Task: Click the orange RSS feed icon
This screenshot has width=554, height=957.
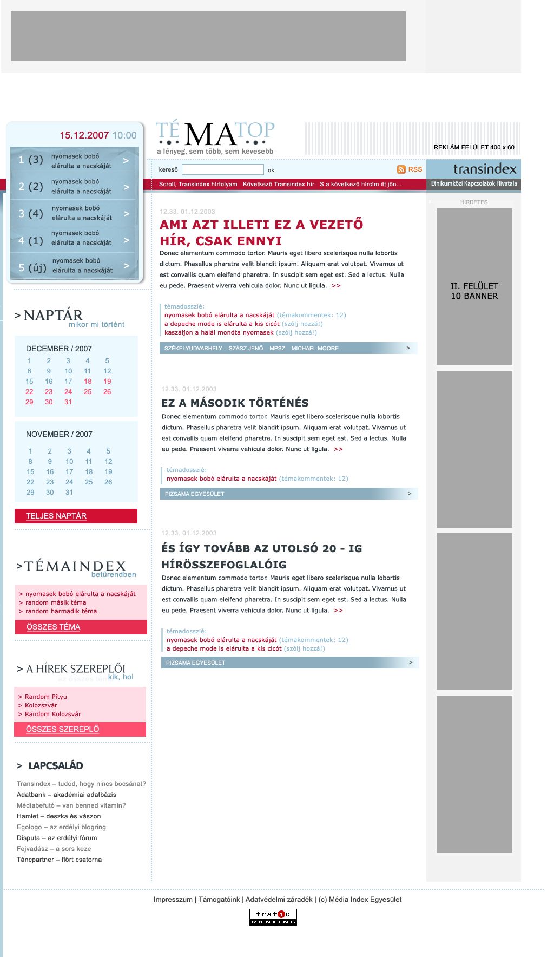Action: [401, 169]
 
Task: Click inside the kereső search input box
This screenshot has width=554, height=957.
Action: [222, 169]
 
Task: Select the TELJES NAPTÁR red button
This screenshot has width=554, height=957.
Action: [76, 516]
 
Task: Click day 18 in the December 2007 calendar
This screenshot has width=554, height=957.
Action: [88, 382]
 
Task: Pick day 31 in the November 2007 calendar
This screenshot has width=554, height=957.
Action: [69, 493]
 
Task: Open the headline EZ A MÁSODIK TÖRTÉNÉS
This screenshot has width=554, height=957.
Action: [235, 403]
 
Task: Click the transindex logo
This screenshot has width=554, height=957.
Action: [484, 169]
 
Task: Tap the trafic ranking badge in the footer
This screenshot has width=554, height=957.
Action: [273, 917]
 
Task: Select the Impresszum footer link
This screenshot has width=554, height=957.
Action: [173, 900]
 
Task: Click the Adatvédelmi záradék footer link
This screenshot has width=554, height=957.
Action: [279, 900]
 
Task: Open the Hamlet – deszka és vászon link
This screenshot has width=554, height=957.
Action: [58, 816]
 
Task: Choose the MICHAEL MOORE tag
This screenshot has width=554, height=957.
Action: [315, 348]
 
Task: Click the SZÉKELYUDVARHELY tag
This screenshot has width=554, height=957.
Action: [193, 348]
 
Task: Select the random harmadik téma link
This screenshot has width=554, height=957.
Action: [61, 611]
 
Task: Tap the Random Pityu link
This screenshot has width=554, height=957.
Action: [46, 697]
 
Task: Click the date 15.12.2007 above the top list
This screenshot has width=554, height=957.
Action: [84, 135]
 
